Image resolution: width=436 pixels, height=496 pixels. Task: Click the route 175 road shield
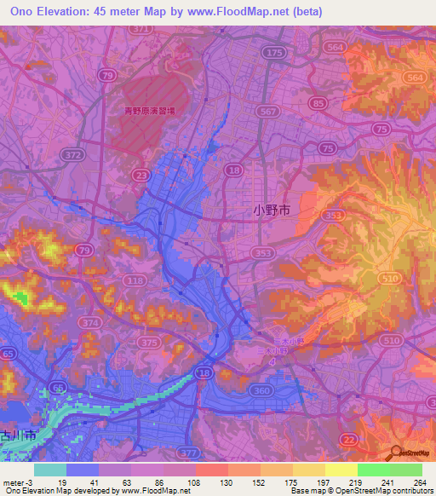(274, 53)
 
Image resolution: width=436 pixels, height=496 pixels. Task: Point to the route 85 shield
(318, 103)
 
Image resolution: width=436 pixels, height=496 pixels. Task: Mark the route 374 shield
(92, 323)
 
